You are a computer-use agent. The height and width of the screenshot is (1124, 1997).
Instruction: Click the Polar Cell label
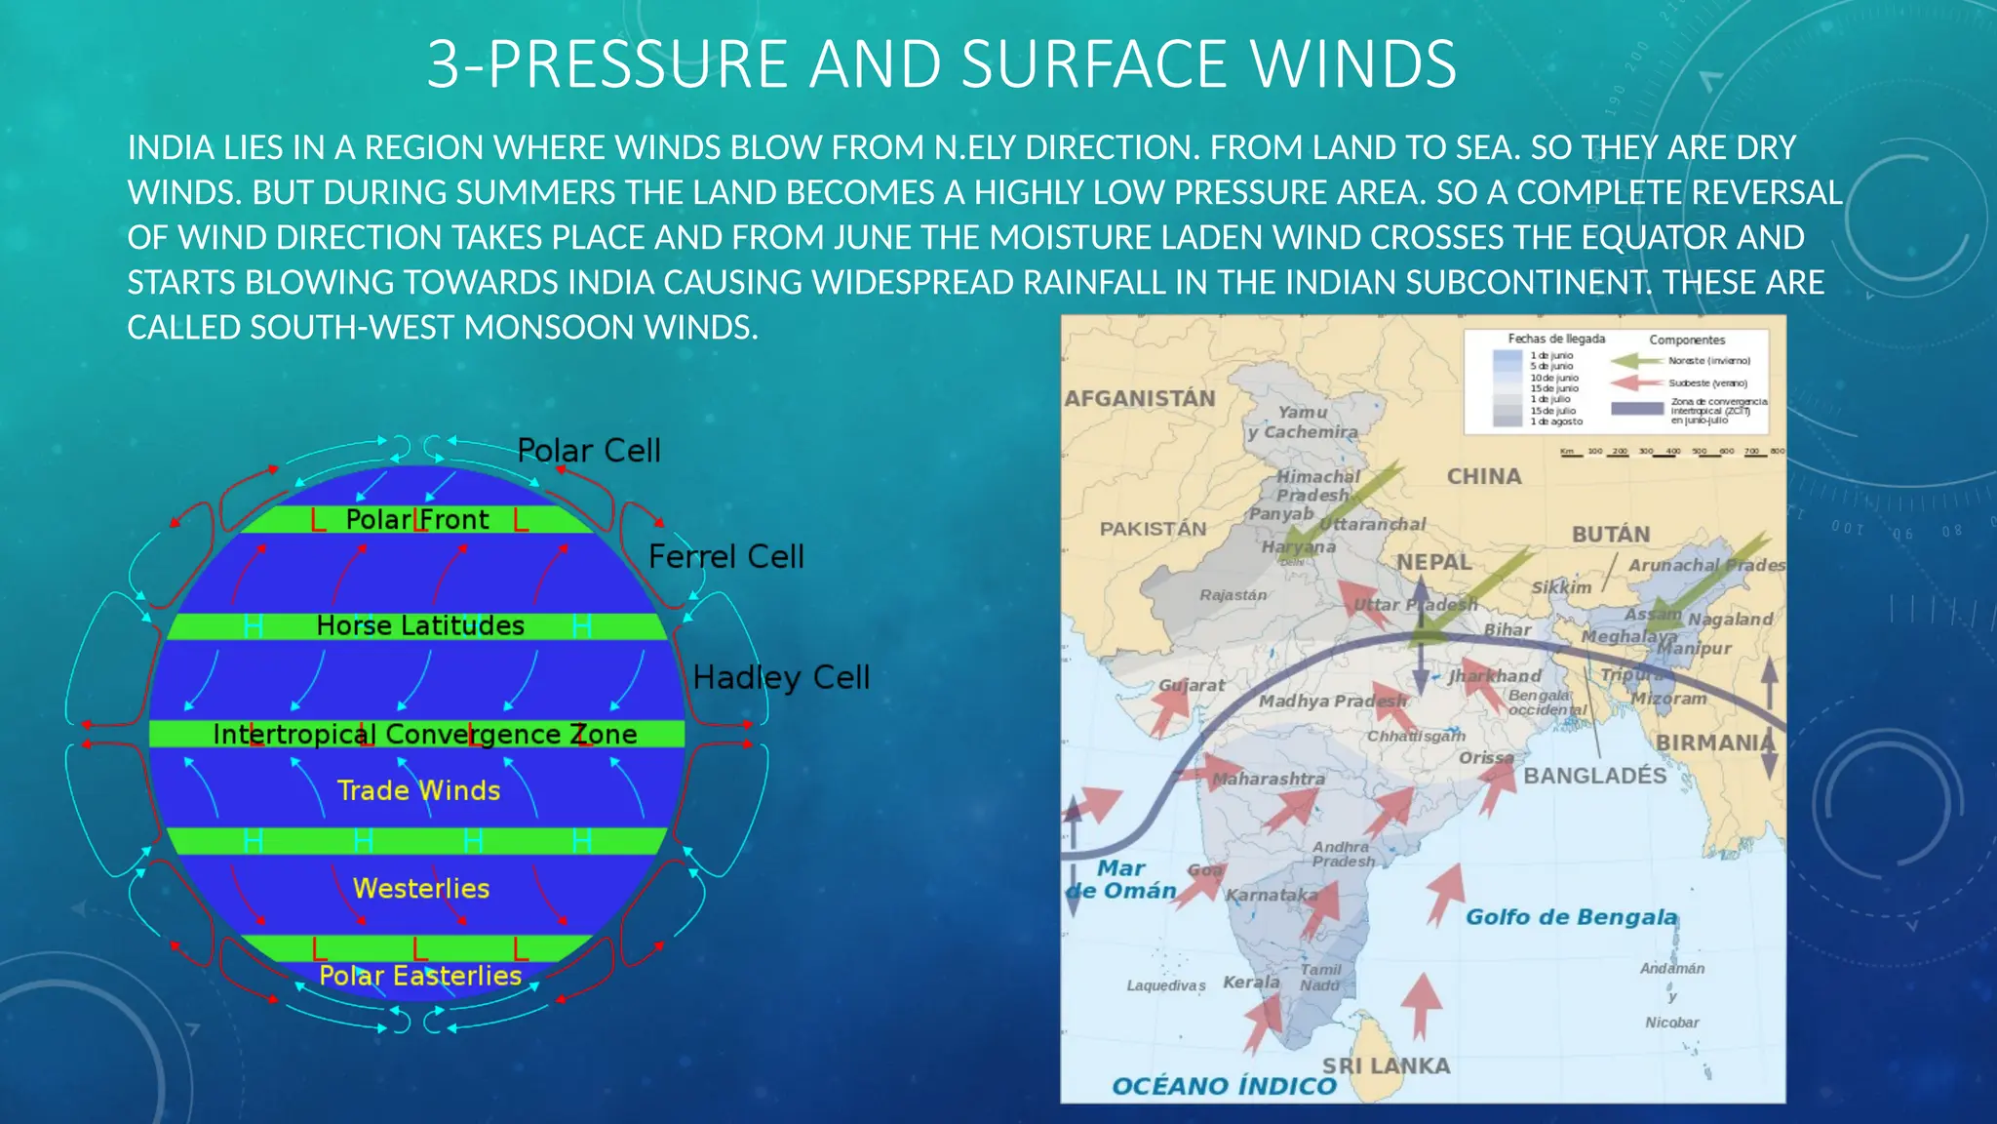pyautogui.click(x=588, y=451)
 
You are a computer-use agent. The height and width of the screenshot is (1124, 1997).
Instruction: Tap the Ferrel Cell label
pyautogui.click(x=725, y=557)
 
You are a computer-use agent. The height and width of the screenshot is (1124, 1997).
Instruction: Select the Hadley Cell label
pyautogui.click(x=781, y=677)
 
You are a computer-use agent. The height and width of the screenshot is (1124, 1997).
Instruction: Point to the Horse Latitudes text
pyautogui.click(x=420, y=625)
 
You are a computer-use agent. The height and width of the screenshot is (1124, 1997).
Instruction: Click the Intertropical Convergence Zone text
pyautogui.click(x=424, y=734)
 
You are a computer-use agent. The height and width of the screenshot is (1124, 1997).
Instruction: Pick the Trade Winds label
pyautogui.click(x=418, y=790)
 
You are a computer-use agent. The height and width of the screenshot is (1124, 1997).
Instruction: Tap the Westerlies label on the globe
pyautogui.click(x=421, y=888)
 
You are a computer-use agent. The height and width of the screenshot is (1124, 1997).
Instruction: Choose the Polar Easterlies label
pyautogui.click(x=420, y=976)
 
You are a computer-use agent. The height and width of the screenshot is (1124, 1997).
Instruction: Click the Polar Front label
pyautogui.click(x=417, y=519)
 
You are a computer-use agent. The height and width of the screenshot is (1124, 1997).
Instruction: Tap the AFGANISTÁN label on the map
pyautogui.click(x=1140, y=398)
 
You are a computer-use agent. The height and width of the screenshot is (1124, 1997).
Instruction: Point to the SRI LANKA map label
pyautogui.click(x=1386, y=1065)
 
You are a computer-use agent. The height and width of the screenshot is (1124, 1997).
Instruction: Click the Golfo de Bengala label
pyautogui.click(x=1571, y=917)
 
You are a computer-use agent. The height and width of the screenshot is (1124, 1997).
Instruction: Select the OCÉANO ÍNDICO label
pyautogui.click(x=1224, y=1086)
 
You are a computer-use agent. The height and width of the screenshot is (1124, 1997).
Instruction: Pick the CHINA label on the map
pyautogui.click(x=1483, y=476)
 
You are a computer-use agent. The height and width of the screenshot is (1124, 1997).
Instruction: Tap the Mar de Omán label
pyautogui.click(x=1120, y=879)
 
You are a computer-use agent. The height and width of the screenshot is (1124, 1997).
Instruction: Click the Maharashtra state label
pyautogui.click(x=1268, y=779)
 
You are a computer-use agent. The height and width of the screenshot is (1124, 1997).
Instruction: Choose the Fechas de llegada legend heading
pyautogui.click(x=1556, y=339)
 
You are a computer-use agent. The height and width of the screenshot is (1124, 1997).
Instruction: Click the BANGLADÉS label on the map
pyautogui.click(x=1595, y=776)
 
